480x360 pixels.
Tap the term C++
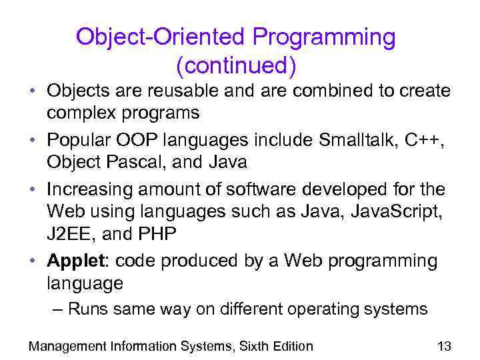click(x=424, y=139)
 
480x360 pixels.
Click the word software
click(x=257, y=189)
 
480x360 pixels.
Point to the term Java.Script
click(x=397, y=211)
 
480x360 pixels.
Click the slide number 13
click(x=444, y=345)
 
